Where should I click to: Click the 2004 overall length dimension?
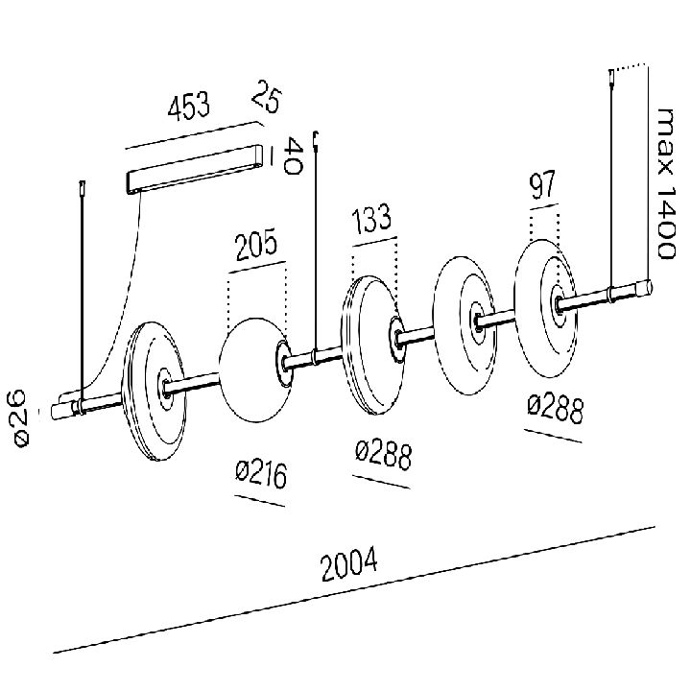349,564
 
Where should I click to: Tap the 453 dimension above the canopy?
189,106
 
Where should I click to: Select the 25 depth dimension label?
266,97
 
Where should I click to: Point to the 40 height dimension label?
293,155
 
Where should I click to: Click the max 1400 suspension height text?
665,183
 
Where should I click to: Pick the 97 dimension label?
542,184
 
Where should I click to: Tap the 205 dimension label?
256,244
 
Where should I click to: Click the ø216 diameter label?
261,474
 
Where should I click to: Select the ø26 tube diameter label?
20,418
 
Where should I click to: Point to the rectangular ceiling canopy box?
195,169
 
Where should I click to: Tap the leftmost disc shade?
155,392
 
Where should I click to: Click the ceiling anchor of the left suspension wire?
82,189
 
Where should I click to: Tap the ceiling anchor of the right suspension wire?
611,77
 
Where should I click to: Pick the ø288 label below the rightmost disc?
556,410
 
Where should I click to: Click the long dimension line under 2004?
354,589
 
